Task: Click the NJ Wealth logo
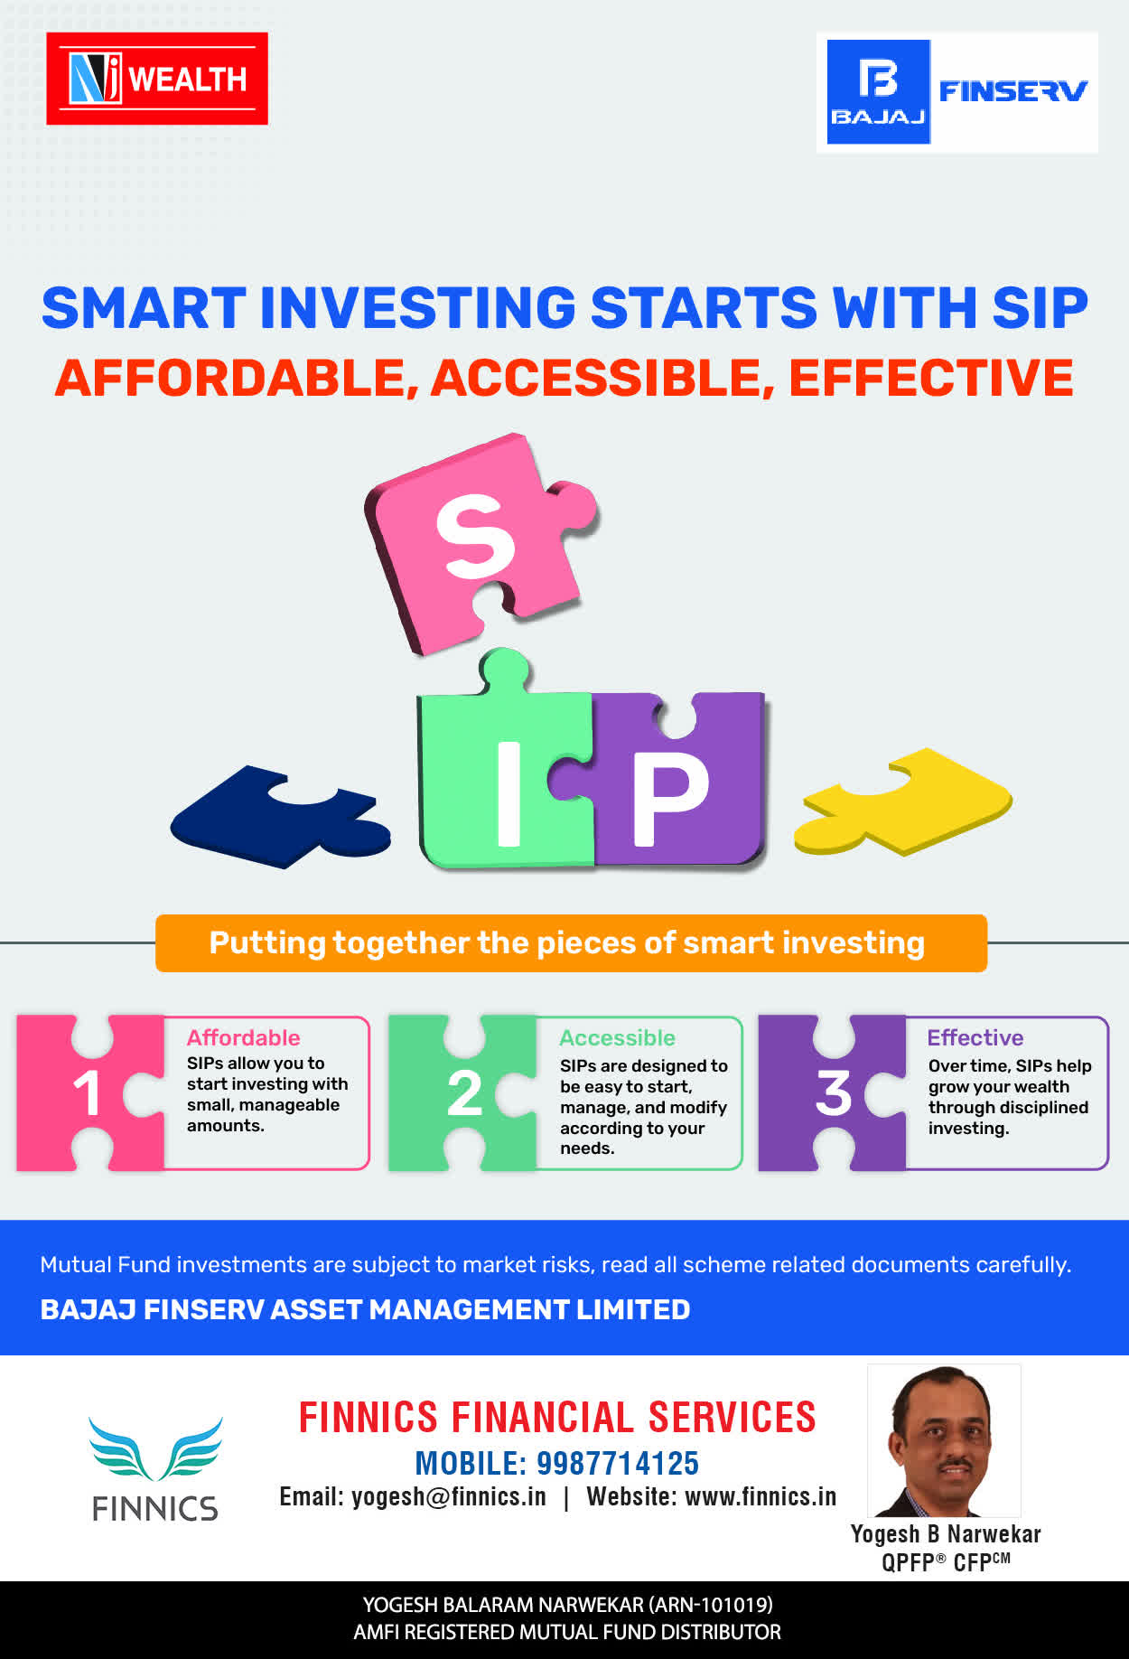click(x=157, y=79)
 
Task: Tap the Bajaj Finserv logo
click(x=957, y=92)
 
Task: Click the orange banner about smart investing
click(x=571, y=943)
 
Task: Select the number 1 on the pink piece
click(x=87, y=1093)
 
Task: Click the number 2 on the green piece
click(x=464, y=1093)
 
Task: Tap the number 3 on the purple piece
click(x=834, y=1093)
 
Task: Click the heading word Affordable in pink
click(x=243, y=1037)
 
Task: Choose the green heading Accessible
click(x=617, y=1037)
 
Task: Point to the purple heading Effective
click(x=975, y=1037)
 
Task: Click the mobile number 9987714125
click(x=618, y=1463)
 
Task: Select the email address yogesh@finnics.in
click(x=449, y=1497)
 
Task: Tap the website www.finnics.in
click(x=760, y=1497)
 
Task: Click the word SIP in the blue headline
click(x=1040, y=308)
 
